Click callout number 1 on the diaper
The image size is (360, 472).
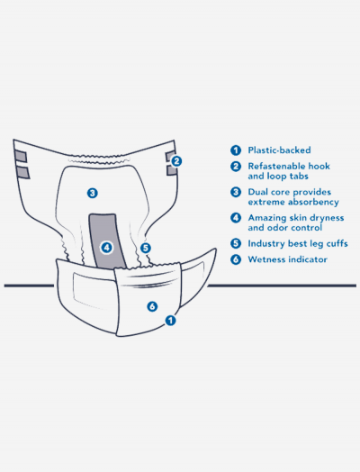(x=170, y=321)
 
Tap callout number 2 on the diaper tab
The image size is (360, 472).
(x=176, y=161)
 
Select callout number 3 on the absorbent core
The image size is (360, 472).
(x=93, y=193)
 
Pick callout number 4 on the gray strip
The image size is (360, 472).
(x=106, y=248)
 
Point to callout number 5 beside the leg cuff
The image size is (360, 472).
(x=146, y=248)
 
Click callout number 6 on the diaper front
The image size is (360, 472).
(x=152, y=306)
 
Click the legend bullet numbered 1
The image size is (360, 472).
(x=236, y=150)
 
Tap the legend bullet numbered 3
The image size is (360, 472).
(x=236, y=192)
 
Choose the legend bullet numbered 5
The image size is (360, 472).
(x=236, y=243)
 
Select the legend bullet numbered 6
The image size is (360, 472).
(x=236, y=259)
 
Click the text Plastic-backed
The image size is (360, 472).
(x=279, y=150)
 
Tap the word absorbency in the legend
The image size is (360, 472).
(x=313, y=202)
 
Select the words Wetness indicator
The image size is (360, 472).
(x=287, y=259)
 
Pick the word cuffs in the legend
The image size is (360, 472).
(x=337, y=243)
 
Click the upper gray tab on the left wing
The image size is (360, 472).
(x=21, y=156)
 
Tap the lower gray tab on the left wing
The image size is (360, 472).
(x=22, y=172)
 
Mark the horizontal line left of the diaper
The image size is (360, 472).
(x=29, y=286)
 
